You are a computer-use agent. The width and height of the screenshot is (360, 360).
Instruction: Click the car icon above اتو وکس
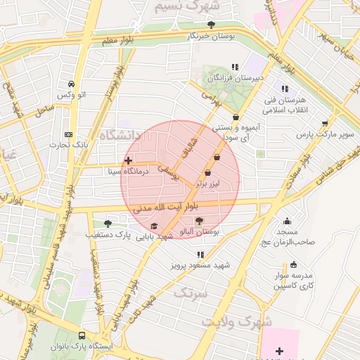(70, 83)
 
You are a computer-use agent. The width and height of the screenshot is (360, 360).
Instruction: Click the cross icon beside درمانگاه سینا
(128, 160)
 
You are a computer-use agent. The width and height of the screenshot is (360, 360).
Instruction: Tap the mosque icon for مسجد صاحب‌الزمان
(287, 221)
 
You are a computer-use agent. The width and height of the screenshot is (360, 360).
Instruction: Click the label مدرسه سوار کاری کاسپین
(296, 281)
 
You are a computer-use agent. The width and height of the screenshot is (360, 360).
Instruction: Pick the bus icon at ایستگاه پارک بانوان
(82, 336)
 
